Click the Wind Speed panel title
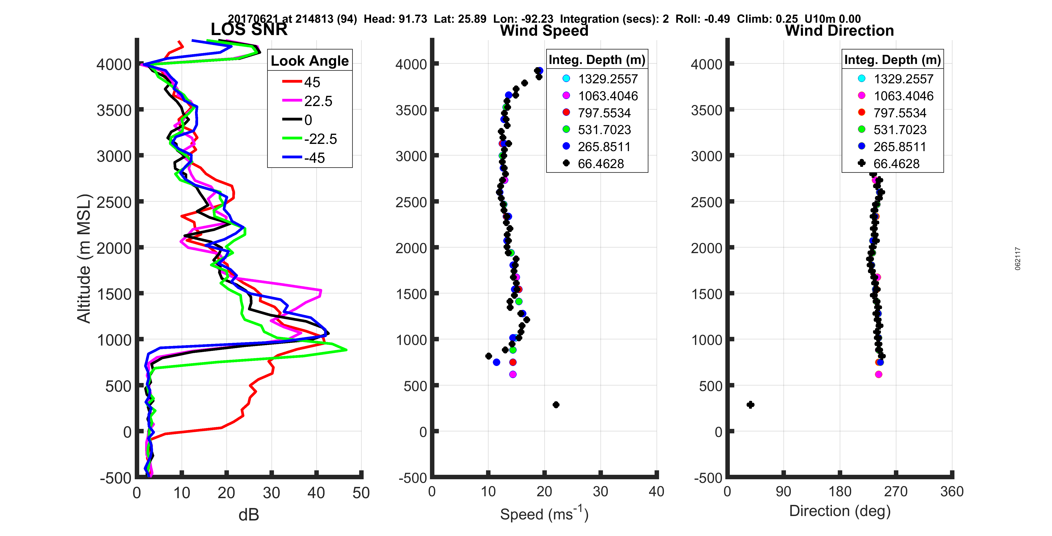pyautogui.click(x=544, y=31)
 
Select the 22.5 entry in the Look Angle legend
pyautogui.click(x=318, y=101)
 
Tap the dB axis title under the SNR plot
pyautogui.click(x=249, y=515)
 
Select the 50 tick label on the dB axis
pyautogui.click(x=361, y=493)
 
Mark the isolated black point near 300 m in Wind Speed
pyautogui.click(x=556, y=404)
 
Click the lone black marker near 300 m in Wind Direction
pyautogui.click(x=750, y=404)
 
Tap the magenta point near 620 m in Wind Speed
pyautogui.click(x=513, y=374)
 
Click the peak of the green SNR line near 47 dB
pyautogui.click(x=346, y=350)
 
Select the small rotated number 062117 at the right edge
pyautogui.click(x=1018, y=258)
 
